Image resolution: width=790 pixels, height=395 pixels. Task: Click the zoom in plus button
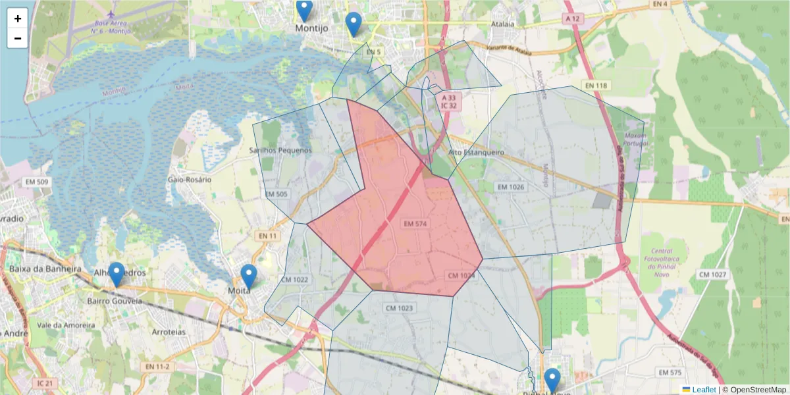coord(18,18)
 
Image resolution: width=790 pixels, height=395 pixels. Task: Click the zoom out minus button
coord(18,38)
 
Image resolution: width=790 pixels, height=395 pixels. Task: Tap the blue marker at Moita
coord(248,276)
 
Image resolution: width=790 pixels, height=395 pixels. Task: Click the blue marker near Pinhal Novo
coord(552,380)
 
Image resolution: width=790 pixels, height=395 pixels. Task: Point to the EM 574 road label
coord(416,224)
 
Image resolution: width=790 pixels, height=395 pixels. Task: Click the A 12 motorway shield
coord(572,19)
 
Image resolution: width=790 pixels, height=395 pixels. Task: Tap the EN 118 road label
coord(596,86)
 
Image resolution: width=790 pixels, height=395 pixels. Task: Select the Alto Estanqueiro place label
coord(475,152)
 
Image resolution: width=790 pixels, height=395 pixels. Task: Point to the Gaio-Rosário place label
coord(190,179)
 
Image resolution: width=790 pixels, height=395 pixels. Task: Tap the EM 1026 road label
coord(511,188)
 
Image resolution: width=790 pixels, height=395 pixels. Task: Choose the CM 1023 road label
coord(399,307)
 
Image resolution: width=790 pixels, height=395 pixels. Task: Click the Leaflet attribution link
coord(704,390)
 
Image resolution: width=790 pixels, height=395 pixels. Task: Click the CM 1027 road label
coord(712,274)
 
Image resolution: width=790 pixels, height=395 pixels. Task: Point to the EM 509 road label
coord(37,182)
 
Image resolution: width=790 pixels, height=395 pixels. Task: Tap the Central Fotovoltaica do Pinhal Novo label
coord(662,259)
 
